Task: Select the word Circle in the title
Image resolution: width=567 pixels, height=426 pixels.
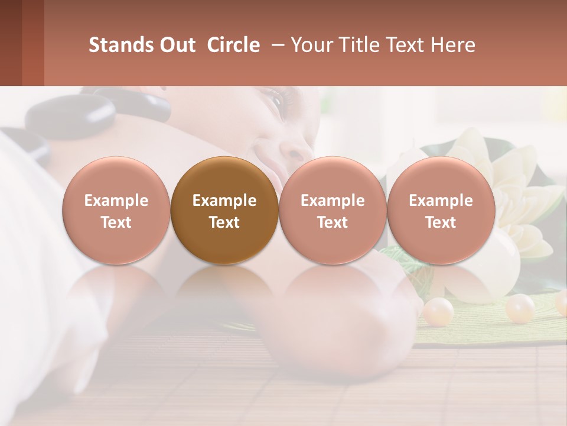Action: pyautogui.click(x=233, y=45)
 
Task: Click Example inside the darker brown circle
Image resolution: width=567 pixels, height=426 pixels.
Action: pyautogui.click(x=224, y=201)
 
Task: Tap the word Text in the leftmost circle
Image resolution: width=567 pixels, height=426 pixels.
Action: pyautogui.click(x=116, y=222)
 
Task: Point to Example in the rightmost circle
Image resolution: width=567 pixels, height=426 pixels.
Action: pyautogui.click(x=441, y=201)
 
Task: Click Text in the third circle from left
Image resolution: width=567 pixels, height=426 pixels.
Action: pyautogui.click(x=333, y=222)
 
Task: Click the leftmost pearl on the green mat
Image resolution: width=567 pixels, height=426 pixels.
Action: pyautogui.click(x=438, y=311)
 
